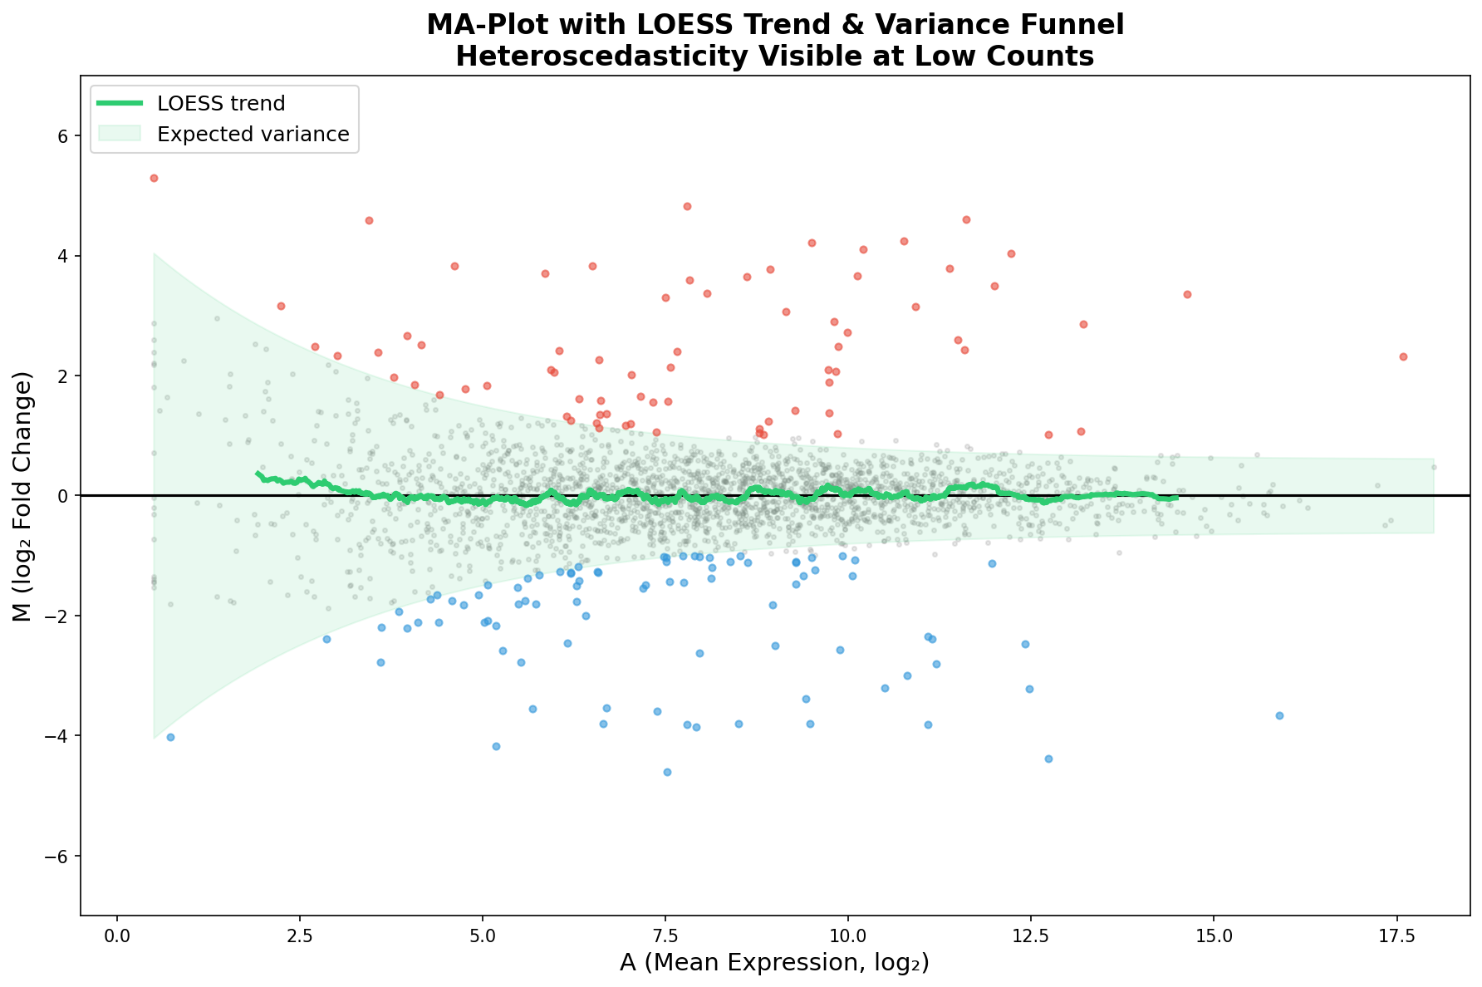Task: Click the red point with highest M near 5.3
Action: (154, 178)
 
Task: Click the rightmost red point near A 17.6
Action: (1403, 356)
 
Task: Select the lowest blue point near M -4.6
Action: (667, 772)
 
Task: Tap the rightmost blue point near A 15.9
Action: (1279, 715)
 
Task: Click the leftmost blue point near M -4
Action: (170, 737)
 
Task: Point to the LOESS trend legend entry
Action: (221, 104)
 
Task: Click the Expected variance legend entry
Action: (253, 134)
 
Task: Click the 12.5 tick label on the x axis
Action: (1030, 934)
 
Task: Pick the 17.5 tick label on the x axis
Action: (1396, 934)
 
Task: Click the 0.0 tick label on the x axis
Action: (117, 934)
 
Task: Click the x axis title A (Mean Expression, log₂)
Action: (774, 963)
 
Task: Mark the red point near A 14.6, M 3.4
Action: (1187, 294)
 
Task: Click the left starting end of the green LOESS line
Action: (258, 474)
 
